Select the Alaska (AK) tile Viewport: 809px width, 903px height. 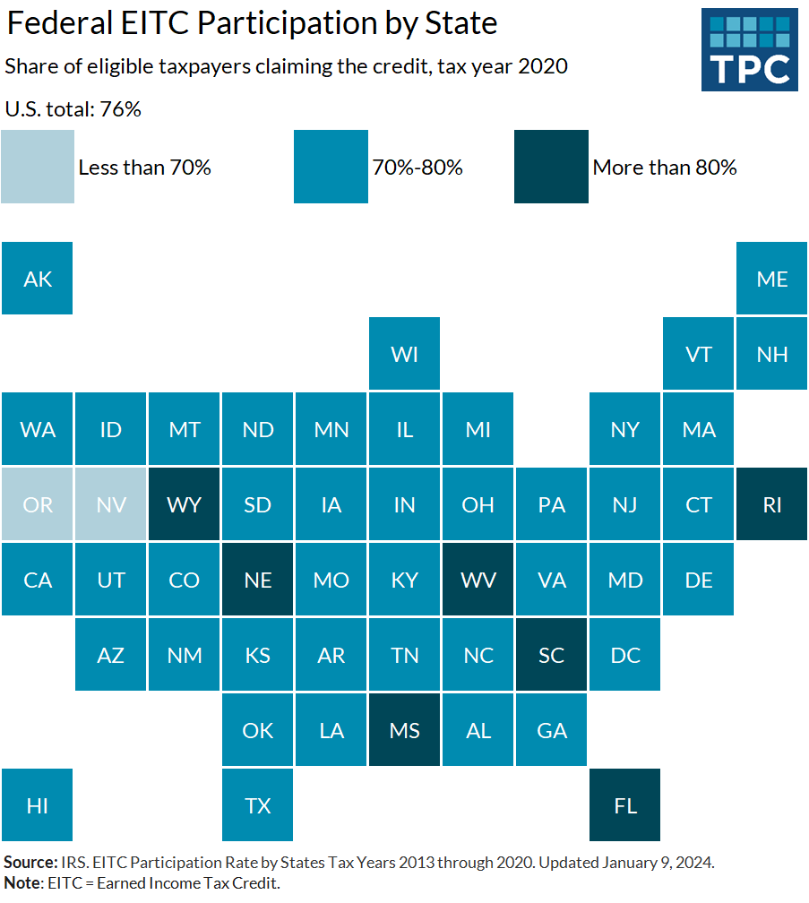38,279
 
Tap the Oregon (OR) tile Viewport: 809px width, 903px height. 38,504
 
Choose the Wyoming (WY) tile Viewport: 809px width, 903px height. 185,504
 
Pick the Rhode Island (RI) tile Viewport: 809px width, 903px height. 772,504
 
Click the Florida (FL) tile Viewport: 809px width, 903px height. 625,805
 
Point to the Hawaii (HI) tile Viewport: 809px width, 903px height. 38,805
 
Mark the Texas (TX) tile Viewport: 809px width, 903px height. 258,805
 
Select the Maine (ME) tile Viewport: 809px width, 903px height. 772,279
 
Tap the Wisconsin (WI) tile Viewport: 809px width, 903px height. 405,354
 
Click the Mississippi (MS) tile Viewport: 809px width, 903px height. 405,730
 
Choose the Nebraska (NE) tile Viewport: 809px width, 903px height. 258,580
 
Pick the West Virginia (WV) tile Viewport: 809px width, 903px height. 478,580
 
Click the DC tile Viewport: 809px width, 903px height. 625,655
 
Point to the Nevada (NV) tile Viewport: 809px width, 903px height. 111,504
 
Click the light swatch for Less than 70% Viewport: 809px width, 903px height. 38,167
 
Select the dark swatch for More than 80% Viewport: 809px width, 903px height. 551,167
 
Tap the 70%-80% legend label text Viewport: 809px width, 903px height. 417,168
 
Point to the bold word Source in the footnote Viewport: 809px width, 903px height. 31,863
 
